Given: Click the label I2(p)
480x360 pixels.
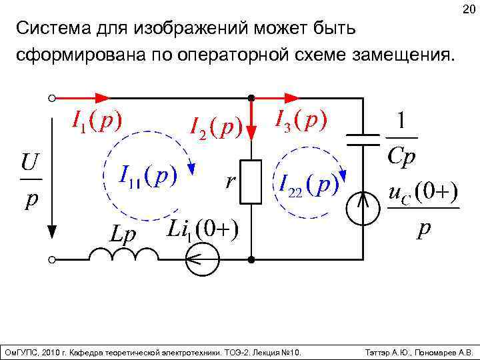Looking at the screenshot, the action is click(215, 125).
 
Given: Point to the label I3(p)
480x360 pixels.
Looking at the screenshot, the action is click(301, 119).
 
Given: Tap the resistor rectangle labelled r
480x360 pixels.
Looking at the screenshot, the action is click(252, 181).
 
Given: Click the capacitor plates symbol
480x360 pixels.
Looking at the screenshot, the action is click(364, 141).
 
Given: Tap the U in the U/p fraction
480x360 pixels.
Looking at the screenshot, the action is click(29, 162).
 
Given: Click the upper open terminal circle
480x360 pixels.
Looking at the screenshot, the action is click(51, 98).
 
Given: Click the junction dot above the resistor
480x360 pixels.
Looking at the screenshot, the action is click(252, 98).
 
